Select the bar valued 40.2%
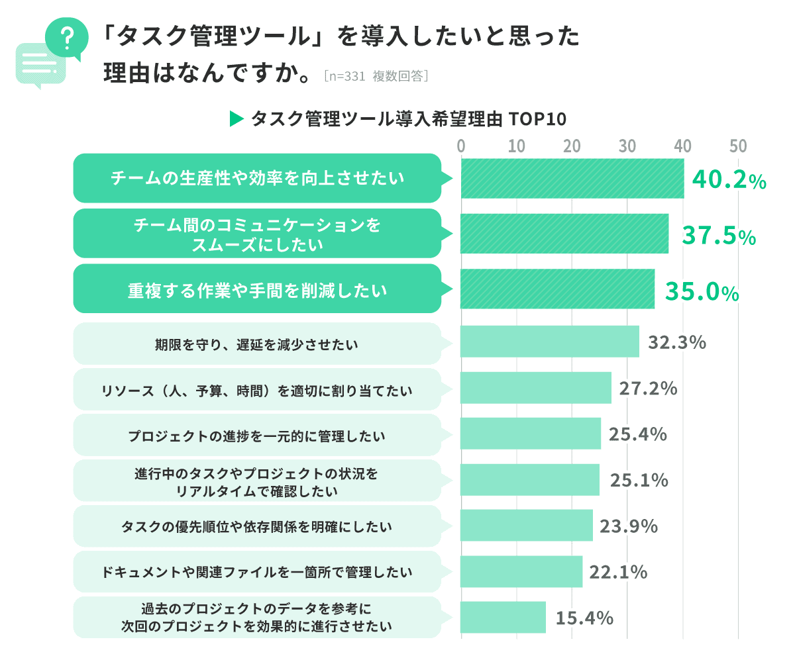(572, 179)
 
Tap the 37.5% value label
(719, 236)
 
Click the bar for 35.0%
(557, 289)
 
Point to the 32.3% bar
(550, 342)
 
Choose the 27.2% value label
(648, 388)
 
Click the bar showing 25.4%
(531, 434)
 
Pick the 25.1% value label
(639, 480)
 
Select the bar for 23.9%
(527, 526)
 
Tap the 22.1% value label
(618, 571)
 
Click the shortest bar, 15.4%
(503, 617)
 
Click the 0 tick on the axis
(461, 146)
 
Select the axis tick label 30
(627, 146)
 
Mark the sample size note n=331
(346, 76)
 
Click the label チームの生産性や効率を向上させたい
(256, 178)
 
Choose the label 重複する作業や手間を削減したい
(256, 289)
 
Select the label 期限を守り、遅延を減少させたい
(256, 344)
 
